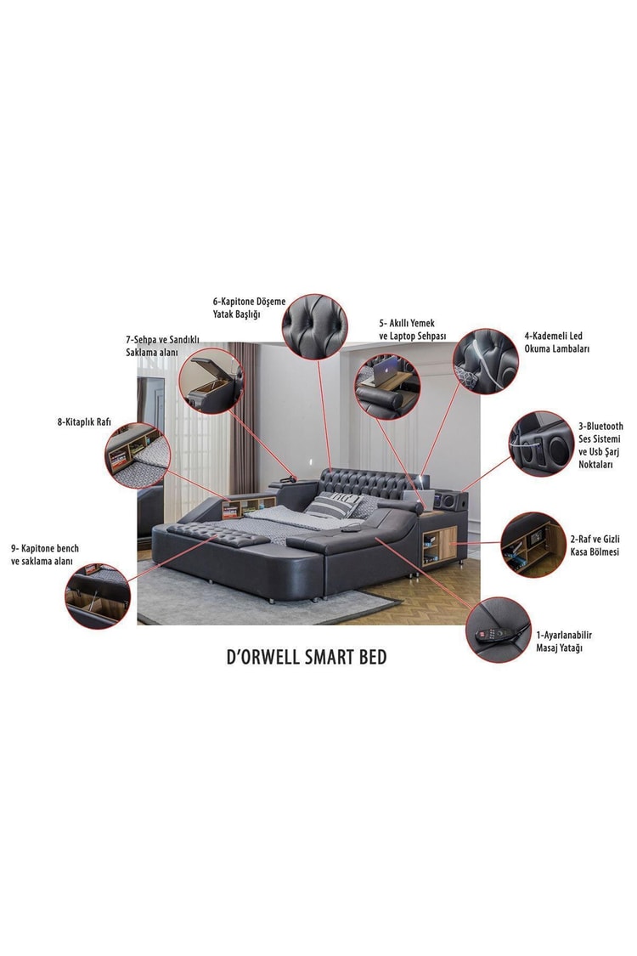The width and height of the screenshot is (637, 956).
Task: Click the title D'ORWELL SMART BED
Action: tap(307, 657)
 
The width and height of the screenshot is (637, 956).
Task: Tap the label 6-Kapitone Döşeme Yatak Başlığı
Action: tap(249, 308)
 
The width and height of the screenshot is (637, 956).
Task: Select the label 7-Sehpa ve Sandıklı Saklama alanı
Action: tap(162, 346)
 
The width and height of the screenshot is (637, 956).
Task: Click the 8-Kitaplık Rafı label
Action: tap(84, 421)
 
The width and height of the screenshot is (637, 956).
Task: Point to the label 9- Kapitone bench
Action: tap(44, 548)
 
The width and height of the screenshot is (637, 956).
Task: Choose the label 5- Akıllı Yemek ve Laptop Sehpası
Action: tap(413, 329)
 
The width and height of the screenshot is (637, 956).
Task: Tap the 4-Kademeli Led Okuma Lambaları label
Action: tap(556, 342)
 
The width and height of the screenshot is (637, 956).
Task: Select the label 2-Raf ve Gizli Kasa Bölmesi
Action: tap(595, 545)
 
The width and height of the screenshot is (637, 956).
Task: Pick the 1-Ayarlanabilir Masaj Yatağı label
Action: tap(564, 641)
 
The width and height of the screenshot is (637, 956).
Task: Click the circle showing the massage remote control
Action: tap(498, 630)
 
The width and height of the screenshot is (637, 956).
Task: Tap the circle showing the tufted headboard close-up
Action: tap(314, 327)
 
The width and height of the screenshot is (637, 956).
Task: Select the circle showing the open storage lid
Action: tap(211, 381)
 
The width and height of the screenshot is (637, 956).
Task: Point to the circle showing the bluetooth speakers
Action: tap(542, 444)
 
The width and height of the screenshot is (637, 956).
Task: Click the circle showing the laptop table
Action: tap(387, 387)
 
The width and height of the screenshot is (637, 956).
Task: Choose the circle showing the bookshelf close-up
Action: tap(137, 455)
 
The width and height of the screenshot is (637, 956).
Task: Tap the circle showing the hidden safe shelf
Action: tap(533, 545)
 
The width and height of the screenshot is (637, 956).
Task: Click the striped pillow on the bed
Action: tap(334, 505)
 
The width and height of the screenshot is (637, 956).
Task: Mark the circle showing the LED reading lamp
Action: tap(486, 361)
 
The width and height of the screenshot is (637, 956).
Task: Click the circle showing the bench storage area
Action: tap(98, 596)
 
